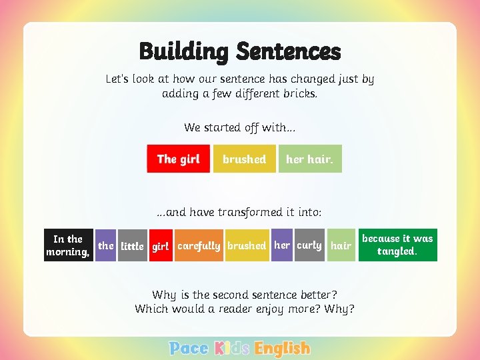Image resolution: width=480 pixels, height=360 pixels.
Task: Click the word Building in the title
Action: (x=185, y=51)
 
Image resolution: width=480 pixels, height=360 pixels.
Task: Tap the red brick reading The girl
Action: (x=178, y=159)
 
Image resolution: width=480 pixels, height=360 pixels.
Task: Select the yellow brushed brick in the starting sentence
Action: (x=244, y=159)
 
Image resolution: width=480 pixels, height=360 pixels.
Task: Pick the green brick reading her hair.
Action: (x=310, y=159)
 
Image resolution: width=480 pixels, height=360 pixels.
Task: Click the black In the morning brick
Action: (x=68, y=245)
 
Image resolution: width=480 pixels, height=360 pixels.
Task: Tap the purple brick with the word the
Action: (x=106, y=245)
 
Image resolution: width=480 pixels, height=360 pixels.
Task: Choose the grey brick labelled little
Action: (x=132, y=246)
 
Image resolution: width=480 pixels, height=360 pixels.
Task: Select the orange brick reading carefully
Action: (x=199, y=246)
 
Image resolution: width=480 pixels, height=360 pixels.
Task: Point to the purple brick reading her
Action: (x=282, y=245)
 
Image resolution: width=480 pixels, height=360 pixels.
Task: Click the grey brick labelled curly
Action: (x=309, y=245)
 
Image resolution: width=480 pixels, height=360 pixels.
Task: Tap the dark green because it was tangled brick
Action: (x=397, y=245)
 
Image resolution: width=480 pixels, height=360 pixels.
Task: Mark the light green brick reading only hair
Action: (x=341, y=246)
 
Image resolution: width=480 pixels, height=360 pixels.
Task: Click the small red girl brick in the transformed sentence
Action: (x=161, y=246)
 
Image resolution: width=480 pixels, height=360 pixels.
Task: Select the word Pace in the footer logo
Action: (x=189, y=348)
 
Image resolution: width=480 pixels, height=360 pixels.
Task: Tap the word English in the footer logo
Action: (x=283, y=348)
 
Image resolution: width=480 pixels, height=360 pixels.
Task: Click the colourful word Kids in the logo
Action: (x=232, y=348)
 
